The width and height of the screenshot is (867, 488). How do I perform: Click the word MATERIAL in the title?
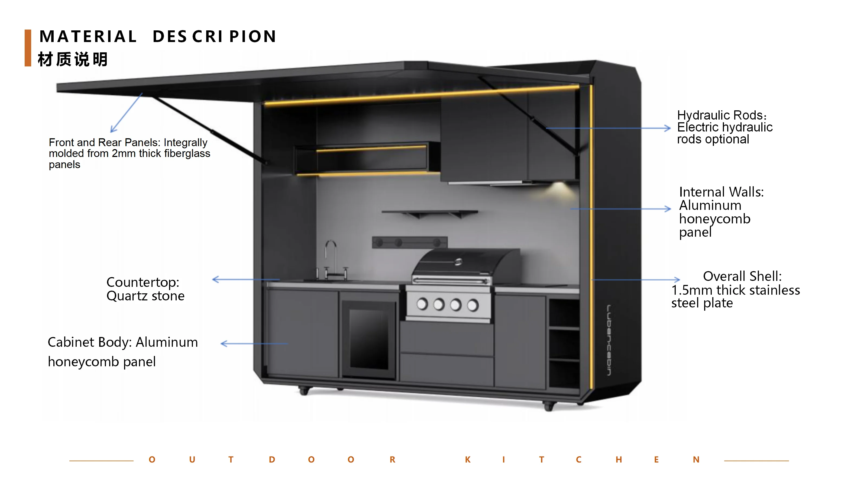coord(88,36)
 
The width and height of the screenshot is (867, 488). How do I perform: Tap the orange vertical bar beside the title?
coord(28,48)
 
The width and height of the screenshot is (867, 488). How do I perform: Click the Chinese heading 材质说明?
coord(73,59)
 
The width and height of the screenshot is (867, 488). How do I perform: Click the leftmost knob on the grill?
coord(422,304)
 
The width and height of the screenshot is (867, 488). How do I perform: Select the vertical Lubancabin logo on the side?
coord(609,340)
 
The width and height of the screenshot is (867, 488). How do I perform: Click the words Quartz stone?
coord(145,296)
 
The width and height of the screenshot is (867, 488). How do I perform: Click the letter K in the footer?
coord(467,460)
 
